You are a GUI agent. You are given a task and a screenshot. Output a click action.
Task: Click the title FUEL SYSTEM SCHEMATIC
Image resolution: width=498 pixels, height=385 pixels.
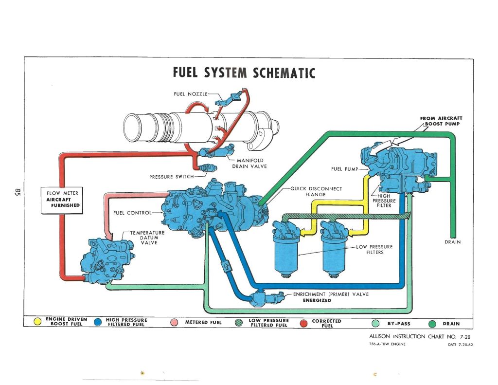coord(244,73)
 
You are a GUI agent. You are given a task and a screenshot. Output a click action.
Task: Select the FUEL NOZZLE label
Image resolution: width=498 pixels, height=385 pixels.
coord(191,93)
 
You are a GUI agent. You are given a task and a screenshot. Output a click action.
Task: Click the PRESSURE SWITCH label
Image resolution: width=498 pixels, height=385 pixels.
coord(171,176)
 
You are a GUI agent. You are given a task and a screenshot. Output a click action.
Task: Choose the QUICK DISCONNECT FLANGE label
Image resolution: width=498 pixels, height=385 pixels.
coord(316,192)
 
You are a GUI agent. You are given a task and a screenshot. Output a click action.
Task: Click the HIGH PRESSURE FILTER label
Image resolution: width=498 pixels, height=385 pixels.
coord(384,201)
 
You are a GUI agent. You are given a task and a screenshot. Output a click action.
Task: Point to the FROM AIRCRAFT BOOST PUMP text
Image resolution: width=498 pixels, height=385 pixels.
coord(441,121)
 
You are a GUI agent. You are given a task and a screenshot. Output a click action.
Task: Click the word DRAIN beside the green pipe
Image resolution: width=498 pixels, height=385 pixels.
coord(452,242)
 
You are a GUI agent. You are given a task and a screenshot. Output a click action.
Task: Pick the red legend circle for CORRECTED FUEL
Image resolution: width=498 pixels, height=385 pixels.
coord(304,322)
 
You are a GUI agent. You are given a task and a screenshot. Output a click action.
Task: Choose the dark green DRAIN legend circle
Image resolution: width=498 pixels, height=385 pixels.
coord(432,323)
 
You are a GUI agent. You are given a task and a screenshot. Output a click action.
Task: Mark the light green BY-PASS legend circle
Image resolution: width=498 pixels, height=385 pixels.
coord(375,323)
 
